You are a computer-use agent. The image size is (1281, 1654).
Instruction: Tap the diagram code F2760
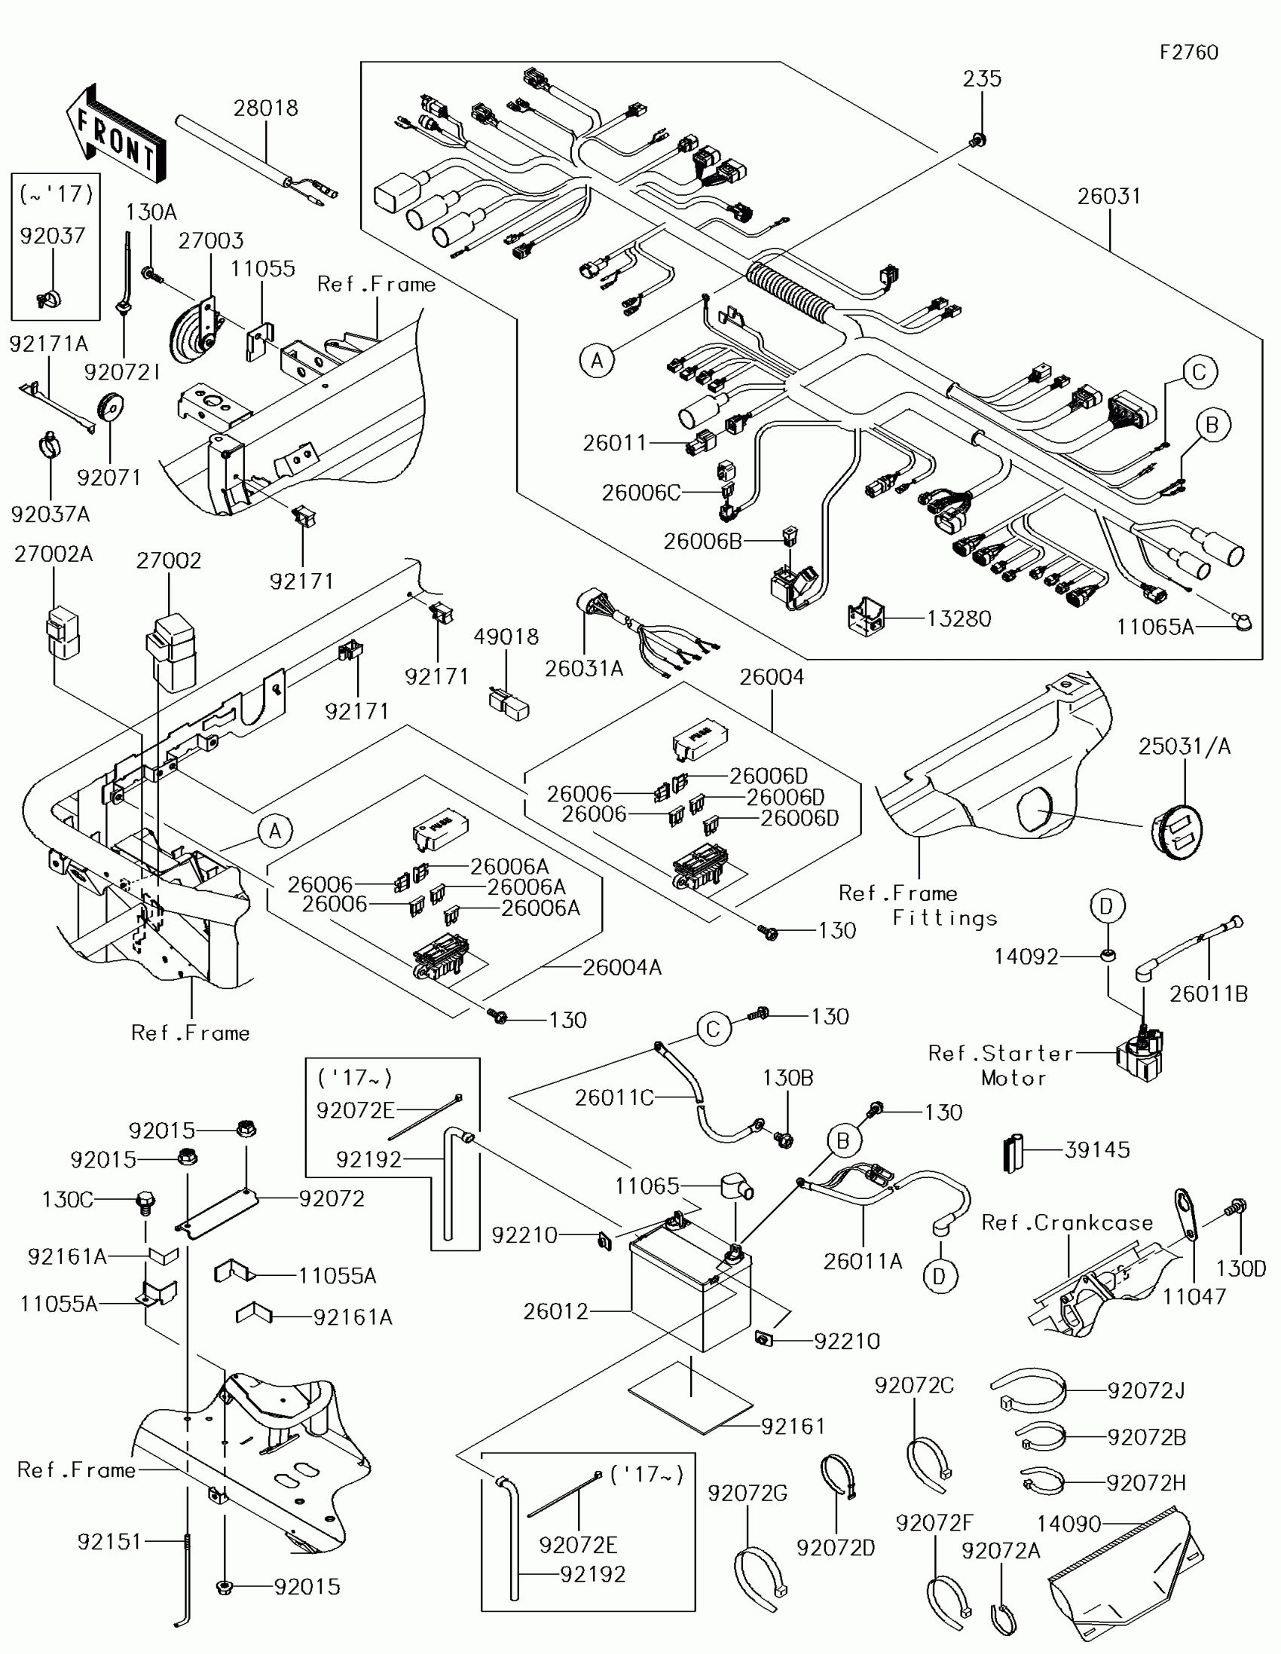pyautogui.click(x=1188, y=52)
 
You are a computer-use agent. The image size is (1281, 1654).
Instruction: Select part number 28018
pyautogui.click(x=265, y=108)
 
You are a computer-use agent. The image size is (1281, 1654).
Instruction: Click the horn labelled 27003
pyautogui.click(x=191, y=330)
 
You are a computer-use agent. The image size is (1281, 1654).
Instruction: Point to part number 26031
pyautogui.click(x=1109, y=196)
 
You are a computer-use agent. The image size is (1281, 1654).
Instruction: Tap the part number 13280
pyautogui.click(x=958, y=618)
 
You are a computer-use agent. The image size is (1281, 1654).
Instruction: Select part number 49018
pyautogui.click(x=506, y=637)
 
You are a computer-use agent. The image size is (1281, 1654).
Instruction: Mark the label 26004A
pyautogui.click(x=622, y=967)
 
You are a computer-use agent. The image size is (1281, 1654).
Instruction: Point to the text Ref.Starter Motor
pyautogui.click(x=1001, y=1065)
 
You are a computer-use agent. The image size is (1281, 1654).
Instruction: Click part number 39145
pyautogui.click(x=1097, y=1149)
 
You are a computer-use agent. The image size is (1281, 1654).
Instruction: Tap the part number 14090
pyautogui.click(x=1069, y=1524)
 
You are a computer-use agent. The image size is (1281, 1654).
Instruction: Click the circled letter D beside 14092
pyautogui.click(x=1107, y=906)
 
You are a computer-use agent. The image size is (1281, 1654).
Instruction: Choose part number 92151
pyautogui.click(x=109, y=1541)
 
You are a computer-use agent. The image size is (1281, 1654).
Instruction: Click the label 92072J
pyautogui.click(x=1146, y=1391)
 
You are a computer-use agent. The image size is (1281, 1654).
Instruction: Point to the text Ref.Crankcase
pyautogui.click(x=1066, y=1222)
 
